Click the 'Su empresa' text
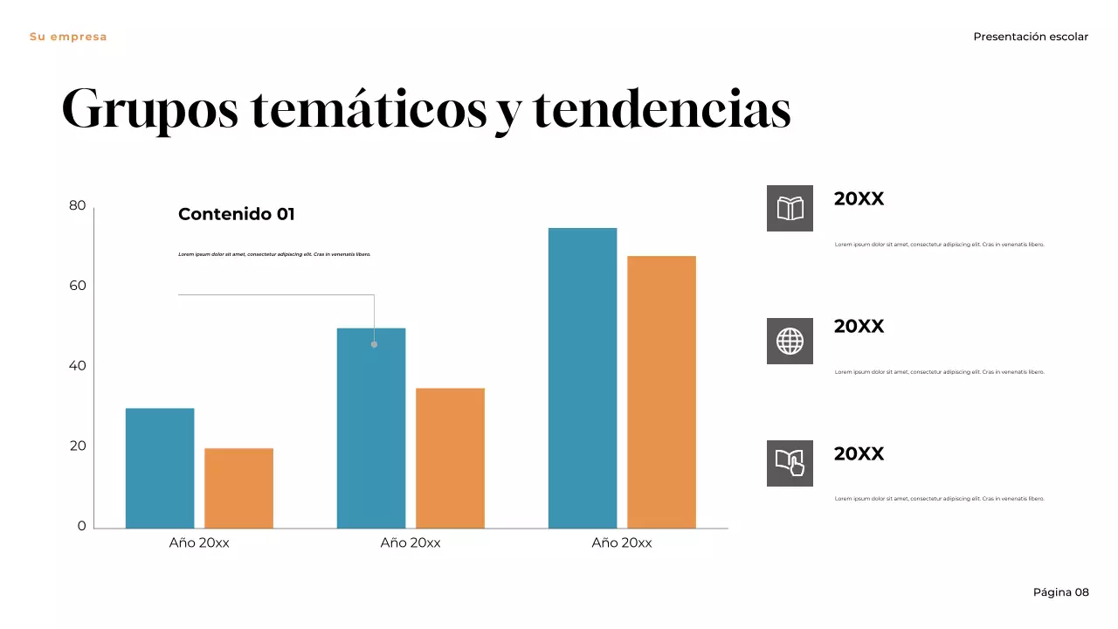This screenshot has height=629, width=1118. coord(68,37)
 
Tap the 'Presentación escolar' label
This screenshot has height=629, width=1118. coord(1031,37)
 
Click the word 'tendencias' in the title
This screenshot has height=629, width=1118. coord(661,110)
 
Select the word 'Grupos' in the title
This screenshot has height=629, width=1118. coord(149,110)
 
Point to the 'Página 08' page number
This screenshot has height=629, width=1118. coord(1060,592)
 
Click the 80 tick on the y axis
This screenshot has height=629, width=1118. coord(78,205)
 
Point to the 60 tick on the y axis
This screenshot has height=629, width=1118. coord(78,286)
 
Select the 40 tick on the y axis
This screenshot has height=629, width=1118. coord(78,366)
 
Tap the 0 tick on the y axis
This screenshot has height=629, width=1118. coord(82,526)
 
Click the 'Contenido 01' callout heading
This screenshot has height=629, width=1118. coord(237,214)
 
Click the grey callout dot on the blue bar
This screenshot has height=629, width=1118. coord(374,344)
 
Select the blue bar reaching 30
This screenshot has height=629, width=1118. coord(160,468)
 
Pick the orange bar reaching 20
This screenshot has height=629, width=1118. coord(238,488)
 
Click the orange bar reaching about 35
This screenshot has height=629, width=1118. coord(450,458)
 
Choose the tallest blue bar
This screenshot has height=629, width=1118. coord(583,377)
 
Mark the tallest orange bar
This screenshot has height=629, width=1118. coord(661,391)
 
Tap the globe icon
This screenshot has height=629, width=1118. coord(790,342)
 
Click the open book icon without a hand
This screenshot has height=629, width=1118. coord(790,209)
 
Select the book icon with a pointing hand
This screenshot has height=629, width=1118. coord(790,463)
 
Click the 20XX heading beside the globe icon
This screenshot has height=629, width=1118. coord(859,326)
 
